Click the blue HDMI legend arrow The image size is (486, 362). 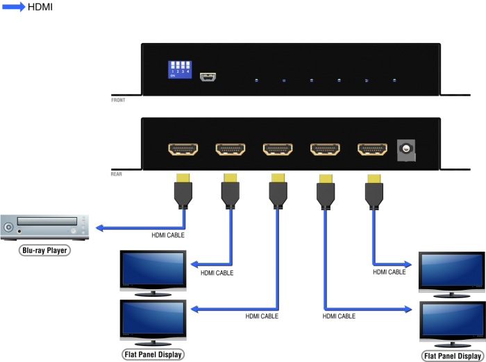coord(14,7)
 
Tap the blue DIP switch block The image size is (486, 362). coord(179,69)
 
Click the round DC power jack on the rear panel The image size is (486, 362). coord(405,148)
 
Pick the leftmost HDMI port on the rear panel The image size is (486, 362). coord(183,149)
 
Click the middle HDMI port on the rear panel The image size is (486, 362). coord(278,149)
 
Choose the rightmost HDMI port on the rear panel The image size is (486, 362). coord(372,149)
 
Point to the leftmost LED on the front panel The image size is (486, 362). coord(256,81)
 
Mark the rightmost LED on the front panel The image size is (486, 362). coord(394,81)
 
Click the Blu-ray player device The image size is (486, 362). coord(46,227)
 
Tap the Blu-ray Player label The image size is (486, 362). coord(44,250)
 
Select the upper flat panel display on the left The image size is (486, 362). coord(153,269)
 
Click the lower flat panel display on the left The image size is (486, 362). coord(153,321)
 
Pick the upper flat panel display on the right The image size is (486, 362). coord(451,269)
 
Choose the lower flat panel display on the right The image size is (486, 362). coord(451,320)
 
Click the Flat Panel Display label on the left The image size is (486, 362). coord(153,355)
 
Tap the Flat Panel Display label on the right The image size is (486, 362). coord(451,356)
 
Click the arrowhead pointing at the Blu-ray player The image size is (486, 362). coord(99,227)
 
